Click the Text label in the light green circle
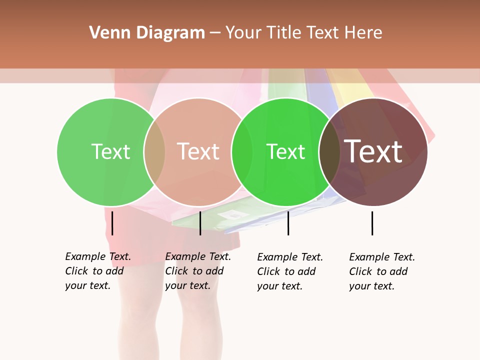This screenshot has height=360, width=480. point(110,151)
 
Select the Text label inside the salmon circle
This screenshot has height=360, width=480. point(198,151)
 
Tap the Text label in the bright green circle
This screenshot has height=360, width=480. point(285,151)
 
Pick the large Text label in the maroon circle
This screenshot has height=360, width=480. point(373,151)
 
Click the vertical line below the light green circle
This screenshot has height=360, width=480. point(112,223)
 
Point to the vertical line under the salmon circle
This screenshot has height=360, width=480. point(200,223)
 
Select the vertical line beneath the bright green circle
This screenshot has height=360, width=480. point(288,223)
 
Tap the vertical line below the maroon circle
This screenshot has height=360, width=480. point(372,223)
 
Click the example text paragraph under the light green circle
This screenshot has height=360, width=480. point(98,271)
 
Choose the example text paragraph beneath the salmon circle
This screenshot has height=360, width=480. point(198,271)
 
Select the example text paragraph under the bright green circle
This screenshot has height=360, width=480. point(290,271)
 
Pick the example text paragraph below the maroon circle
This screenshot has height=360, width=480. point(382,271)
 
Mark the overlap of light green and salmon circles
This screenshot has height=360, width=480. point(154,151)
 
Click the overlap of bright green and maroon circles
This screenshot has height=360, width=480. point(329,151)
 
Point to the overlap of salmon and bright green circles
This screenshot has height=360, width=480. point(242,151)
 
